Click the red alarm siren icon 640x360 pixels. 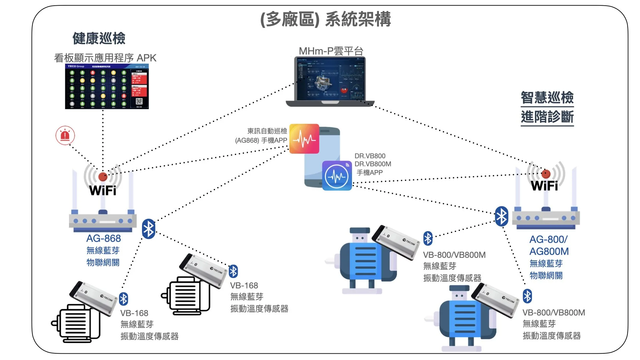(x=65, y=135)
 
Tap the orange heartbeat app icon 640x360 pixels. (x=304, y=139)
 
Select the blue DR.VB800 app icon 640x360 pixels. (x=337, y=176)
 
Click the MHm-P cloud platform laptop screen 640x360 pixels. (x=330, y=79)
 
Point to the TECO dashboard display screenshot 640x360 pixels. (x=107, y=86)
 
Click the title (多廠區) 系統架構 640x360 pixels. (x=325, y=19)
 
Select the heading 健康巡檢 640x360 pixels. (x=99, y=38)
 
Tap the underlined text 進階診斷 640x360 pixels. (x=547, y=117)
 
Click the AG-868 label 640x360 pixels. (x=103, y=238)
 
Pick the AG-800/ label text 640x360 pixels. (x=548, y=239)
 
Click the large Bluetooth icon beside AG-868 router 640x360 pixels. (x=149, y=229)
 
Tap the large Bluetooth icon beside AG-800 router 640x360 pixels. (x=501, y=217)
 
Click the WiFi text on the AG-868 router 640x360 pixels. (x=103, y=191)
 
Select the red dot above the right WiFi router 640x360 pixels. (x=546, y=174)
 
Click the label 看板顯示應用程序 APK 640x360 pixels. (x=105, y=58)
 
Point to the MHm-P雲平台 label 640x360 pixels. (x=331, y=51)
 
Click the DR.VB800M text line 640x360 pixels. (x=373, y=164)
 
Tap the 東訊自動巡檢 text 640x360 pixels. (x=267, y=131)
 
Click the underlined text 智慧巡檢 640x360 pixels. (x=547, y=98)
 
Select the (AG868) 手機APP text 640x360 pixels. (x=261, y=140)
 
